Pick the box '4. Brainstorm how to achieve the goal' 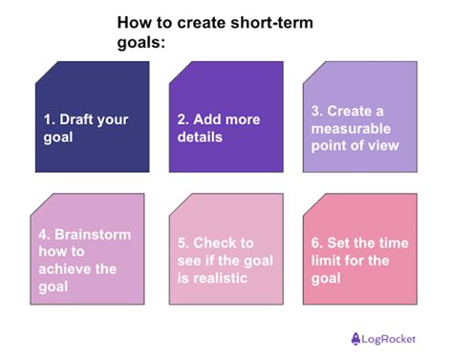92,250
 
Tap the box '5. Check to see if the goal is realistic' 226,250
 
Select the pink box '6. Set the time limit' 360,250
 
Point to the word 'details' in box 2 202,137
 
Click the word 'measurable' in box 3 353,128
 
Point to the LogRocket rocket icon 356,336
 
